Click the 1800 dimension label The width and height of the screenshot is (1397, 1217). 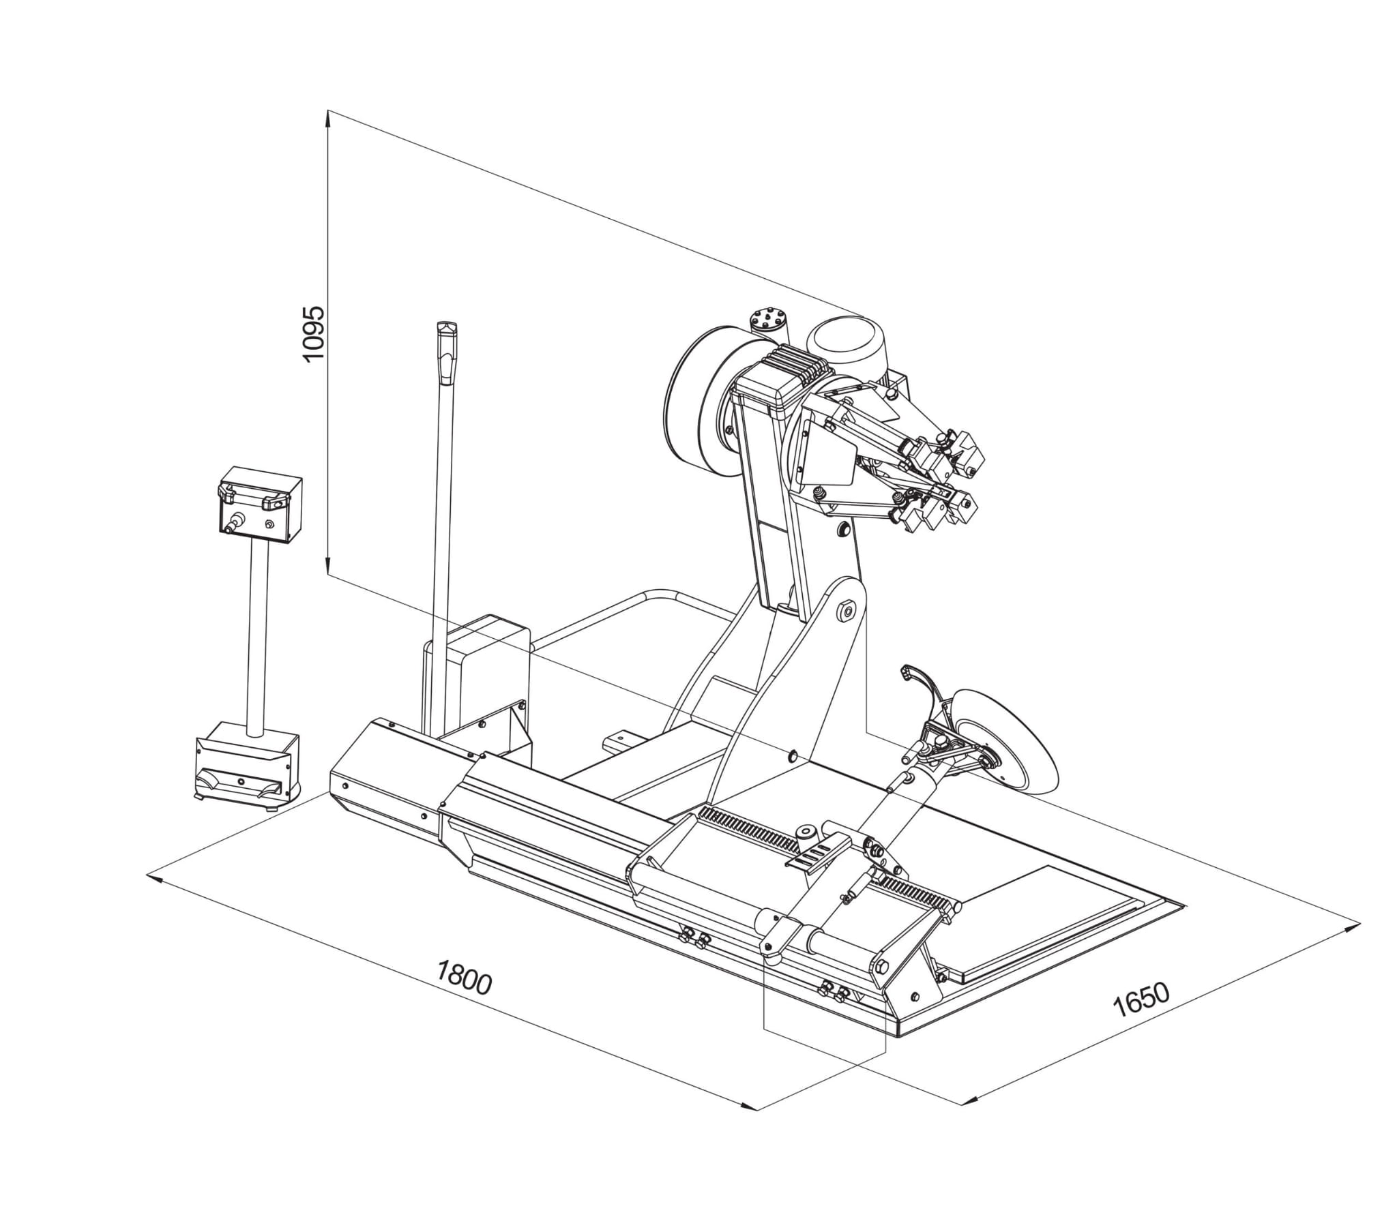click(464, 976)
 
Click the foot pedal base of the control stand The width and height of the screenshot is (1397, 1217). click(246, 764)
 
